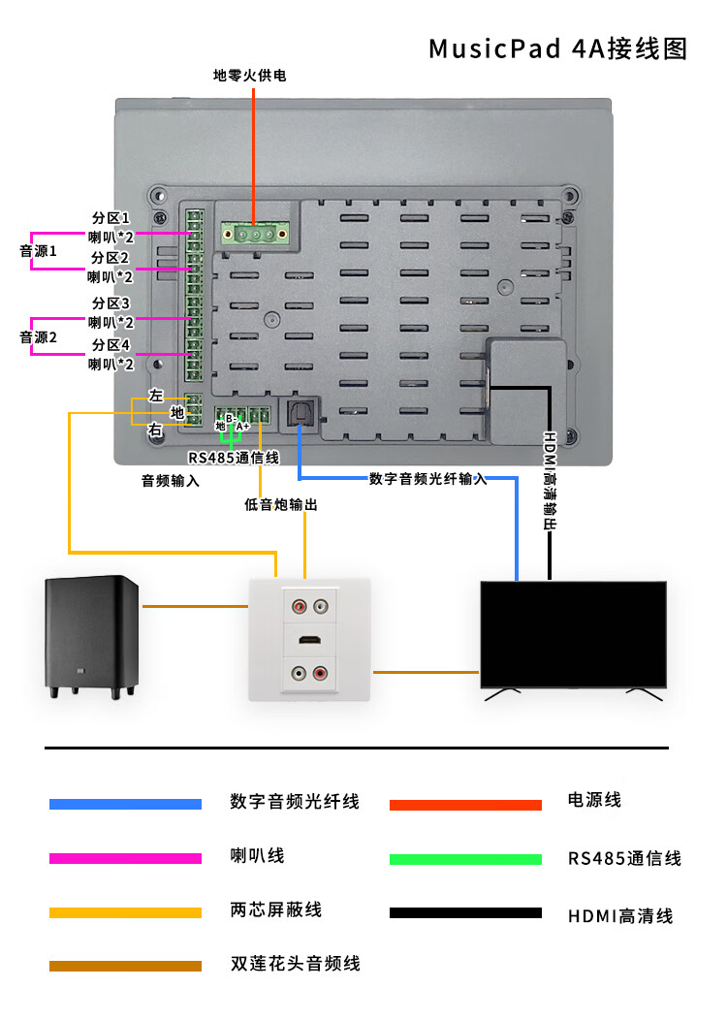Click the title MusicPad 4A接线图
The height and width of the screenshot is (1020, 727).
click(x=557, y=48)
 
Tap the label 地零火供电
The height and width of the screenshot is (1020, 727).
click(x=250, y=76)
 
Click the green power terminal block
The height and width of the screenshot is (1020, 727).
click(x=255, y=234)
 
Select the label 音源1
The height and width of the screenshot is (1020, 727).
click(x=39, y=251)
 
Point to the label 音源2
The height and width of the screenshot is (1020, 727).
click(x=39, y=337)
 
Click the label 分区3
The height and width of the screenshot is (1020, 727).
click(x=111, y=303)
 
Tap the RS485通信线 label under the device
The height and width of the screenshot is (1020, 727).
click(x=234, y=458)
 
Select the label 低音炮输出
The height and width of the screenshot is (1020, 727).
click(x=281, y=504)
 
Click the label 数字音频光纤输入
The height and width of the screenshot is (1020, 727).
click(x=427, y=479)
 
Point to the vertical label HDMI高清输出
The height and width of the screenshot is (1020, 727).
click(x=550, y=481)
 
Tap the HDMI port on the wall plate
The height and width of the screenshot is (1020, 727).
click(x=309, y=641)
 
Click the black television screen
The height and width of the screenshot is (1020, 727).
click(x=574, y=635)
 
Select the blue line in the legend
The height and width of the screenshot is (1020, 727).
click(x=125, y=804)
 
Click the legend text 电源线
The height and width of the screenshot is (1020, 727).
click(x=594, y=800)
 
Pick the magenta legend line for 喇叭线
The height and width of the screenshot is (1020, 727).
click(x=125, y=859)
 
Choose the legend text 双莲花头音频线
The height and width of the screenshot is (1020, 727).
click(x=296, y=964)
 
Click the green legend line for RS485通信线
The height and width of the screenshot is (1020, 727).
click(x=465, y=859)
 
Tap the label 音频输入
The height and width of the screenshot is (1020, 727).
click(x=171, y=481)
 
